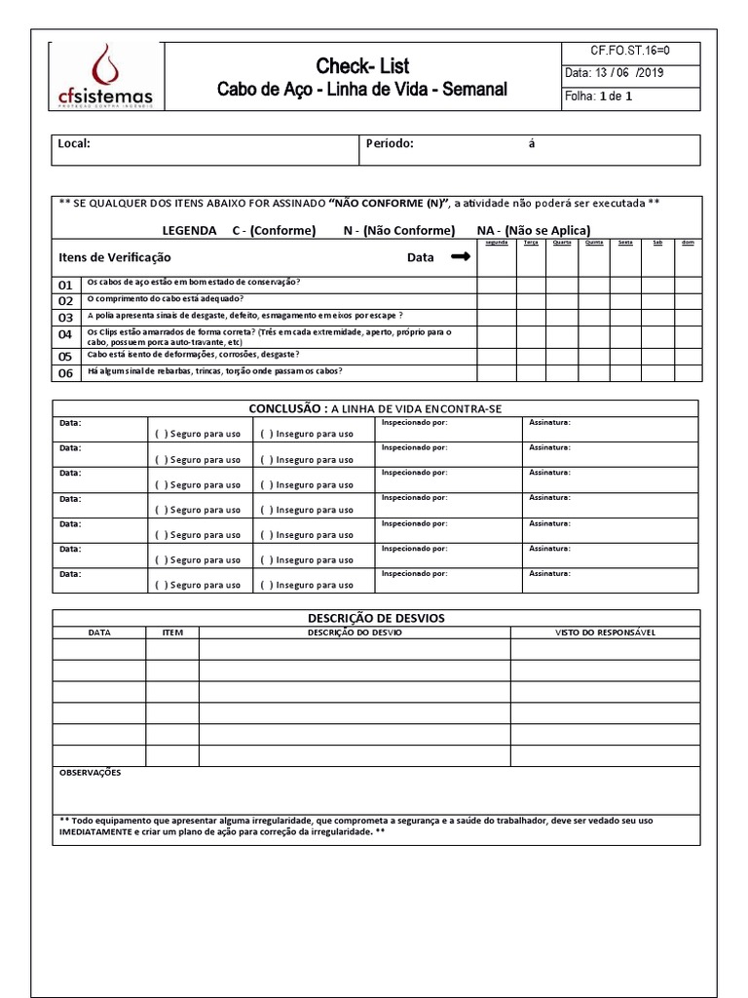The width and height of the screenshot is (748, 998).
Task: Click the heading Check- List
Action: (x=362, y=66)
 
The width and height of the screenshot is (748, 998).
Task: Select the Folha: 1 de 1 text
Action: (x=599, y=96)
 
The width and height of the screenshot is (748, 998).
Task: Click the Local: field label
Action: (x=74, y=143)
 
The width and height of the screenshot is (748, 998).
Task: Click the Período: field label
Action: (x=390, y=143)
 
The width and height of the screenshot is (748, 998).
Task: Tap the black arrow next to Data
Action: (x=461, y=257)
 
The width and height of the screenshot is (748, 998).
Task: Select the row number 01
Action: (x=65, y=286)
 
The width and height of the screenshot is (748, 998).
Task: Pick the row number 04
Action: (x=65, y=334)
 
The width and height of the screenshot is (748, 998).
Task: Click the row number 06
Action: (x=65, y=373)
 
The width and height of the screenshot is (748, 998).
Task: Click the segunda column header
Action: (x=496, y=243)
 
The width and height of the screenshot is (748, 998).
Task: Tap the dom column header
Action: (x=688, y=243)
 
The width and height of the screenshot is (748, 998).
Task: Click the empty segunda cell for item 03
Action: (x=496, y=317)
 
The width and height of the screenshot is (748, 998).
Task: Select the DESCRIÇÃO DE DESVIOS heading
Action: (x=376, y=618)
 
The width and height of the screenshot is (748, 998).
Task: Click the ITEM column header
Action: (x=172, y=633)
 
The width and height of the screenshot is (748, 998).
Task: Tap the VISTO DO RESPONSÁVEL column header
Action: (x=605, y=633)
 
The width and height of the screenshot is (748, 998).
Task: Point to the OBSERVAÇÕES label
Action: (x=91, y=772)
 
